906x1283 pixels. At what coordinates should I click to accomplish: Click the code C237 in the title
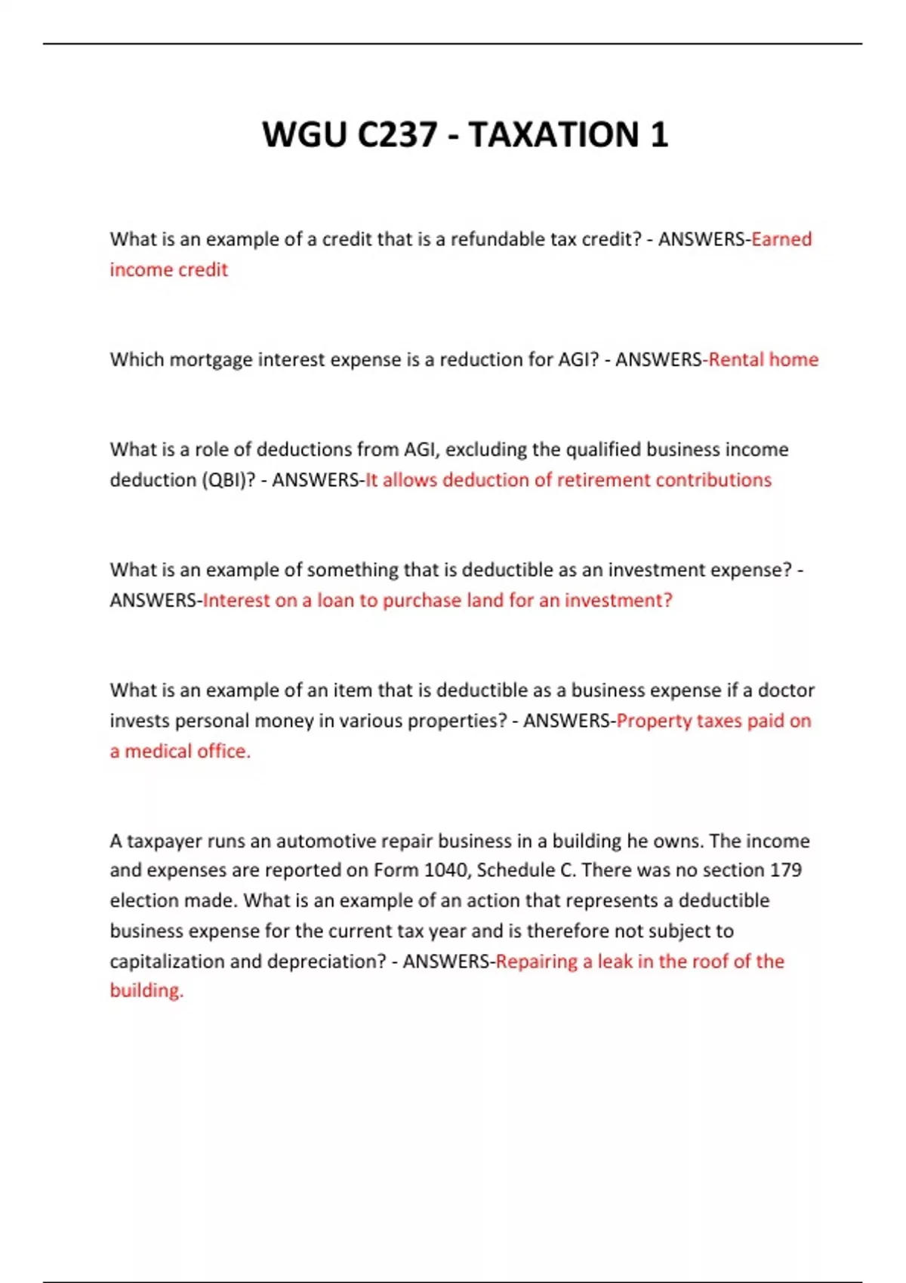[397, 135]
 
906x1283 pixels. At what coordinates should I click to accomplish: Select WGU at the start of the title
[304, 135]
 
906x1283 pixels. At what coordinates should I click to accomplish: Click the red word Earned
[781, 239]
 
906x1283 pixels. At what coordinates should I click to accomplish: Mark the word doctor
[786, 691]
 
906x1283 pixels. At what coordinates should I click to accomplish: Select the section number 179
[785, 871]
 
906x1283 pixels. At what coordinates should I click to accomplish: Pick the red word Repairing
[536, 962]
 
